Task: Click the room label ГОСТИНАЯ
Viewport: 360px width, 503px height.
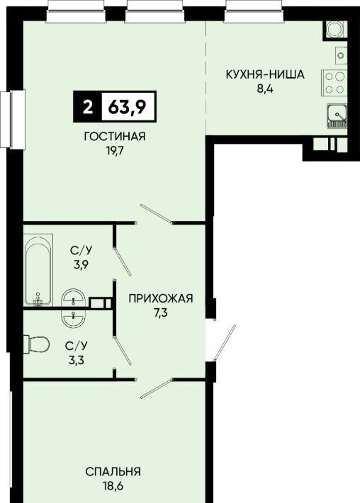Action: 115,136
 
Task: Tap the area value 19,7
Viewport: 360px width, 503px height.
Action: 115,150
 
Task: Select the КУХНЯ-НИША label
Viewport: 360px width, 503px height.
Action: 265,75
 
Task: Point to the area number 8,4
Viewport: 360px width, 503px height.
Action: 265,89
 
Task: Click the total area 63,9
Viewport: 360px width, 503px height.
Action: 128,107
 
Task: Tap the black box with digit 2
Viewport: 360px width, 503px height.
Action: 87,107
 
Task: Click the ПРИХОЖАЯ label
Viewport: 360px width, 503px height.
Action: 161,299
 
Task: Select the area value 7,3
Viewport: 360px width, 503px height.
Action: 161,312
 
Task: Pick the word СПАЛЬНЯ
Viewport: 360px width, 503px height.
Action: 113,472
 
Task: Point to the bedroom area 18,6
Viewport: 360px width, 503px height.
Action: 113,486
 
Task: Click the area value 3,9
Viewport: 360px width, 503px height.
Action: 81,265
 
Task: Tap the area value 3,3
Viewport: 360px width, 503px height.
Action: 76,361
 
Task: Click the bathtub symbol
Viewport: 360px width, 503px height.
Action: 38,270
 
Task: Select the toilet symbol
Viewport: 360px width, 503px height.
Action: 36,344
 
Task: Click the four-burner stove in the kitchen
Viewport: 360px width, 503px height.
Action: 334,83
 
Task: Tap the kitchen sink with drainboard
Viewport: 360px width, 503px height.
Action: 337,116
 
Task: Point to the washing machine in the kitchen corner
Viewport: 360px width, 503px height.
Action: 335,30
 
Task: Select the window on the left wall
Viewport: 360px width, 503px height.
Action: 13,119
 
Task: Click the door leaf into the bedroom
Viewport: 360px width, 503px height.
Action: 157,388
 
